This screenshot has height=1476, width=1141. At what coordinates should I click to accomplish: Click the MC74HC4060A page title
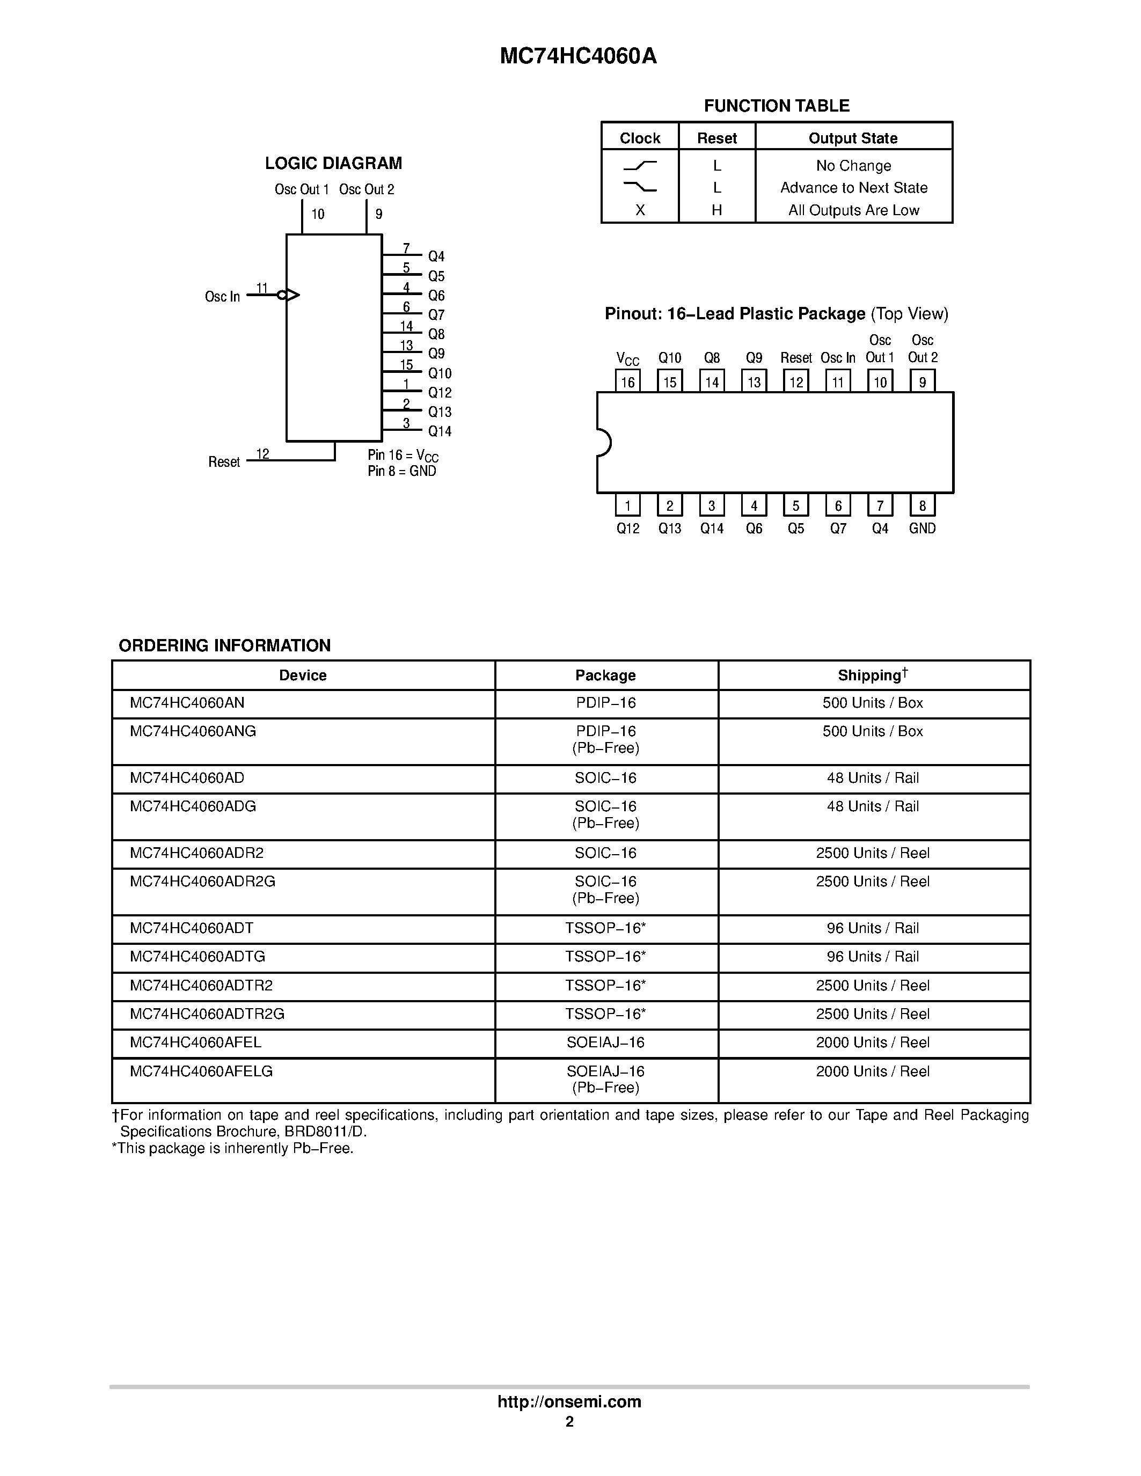pyautogui.click(x=578, y=56)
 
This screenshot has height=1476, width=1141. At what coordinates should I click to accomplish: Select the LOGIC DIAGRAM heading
pyautogui.click(x=333, y=164)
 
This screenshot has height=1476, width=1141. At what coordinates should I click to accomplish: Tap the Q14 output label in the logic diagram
pyautogui.click(x=440, y=431)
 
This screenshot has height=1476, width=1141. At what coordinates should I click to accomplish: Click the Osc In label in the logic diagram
pyautogui.click(x=222, y=297)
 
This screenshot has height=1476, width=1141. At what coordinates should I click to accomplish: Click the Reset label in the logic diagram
pyautogui.click(x=224, y=462)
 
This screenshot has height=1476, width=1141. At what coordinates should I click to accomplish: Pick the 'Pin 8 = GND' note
pyautogui.click(x=401, y=472)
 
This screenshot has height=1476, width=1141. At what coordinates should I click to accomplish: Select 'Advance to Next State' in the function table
pyautogui.click(x=853, y=188)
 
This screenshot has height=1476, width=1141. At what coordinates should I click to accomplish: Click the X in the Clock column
pyautogui.click(x=639, y=210)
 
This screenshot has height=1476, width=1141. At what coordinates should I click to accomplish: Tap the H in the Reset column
pyautogui.click(x=716, y=210)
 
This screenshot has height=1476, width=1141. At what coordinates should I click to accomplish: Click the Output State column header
pyautogui.click(x=853, y=138)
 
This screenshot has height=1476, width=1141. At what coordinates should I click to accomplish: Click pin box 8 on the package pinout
pyautogui.click(x=922, y=505)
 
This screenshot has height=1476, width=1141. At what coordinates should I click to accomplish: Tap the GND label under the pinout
pyautogui.click(x=922, y=528)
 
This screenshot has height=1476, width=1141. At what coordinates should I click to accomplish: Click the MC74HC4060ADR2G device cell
pyautogui.click(x=203, y=882)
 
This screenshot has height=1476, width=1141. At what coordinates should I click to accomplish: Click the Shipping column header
pyautogui.click(x=873, y=675)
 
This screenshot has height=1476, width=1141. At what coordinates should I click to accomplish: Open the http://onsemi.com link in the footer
pyautogui.click(x=569, y=1401)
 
